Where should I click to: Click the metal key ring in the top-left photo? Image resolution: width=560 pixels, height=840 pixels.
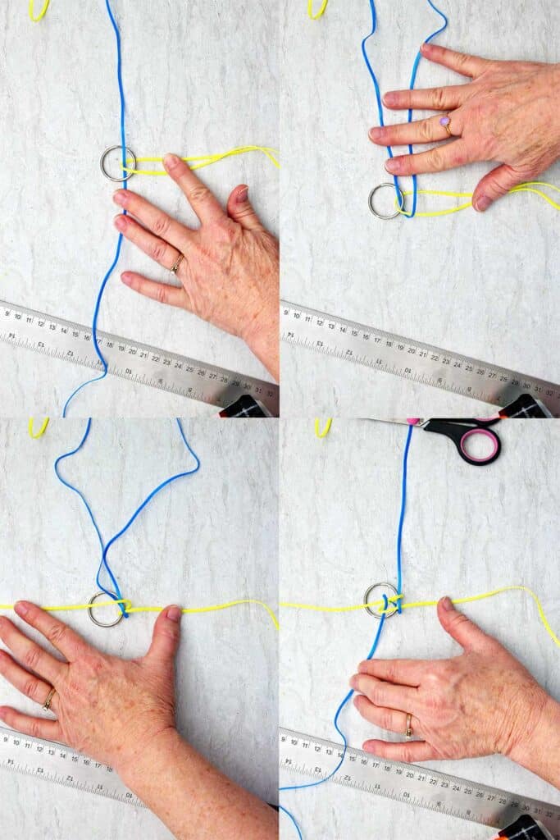point(118,163)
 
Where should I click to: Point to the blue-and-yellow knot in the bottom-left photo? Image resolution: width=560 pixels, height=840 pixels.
point(123,606)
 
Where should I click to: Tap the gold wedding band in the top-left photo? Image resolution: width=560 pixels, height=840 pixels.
point(177,263)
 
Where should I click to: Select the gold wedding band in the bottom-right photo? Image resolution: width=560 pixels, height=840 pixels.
point(408,725)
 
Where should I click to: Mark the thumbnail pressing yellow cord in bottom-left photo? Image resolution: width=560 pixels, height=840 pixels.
point(173,613)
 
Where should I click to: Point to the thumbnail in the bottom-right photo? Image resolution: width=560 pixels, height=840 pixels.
point(447,604)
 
